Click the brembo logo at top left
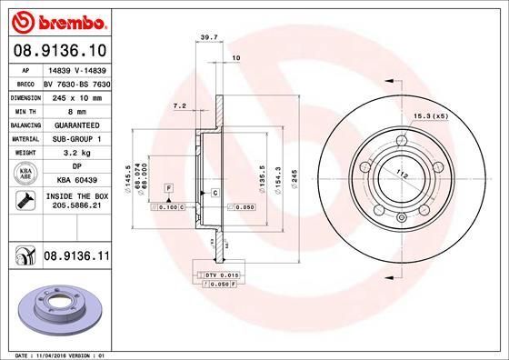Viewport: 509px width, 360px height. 59,20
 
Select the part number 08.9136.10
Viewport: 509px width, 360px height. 59,51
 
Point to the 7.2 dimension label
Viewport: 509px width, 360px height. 180,106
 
